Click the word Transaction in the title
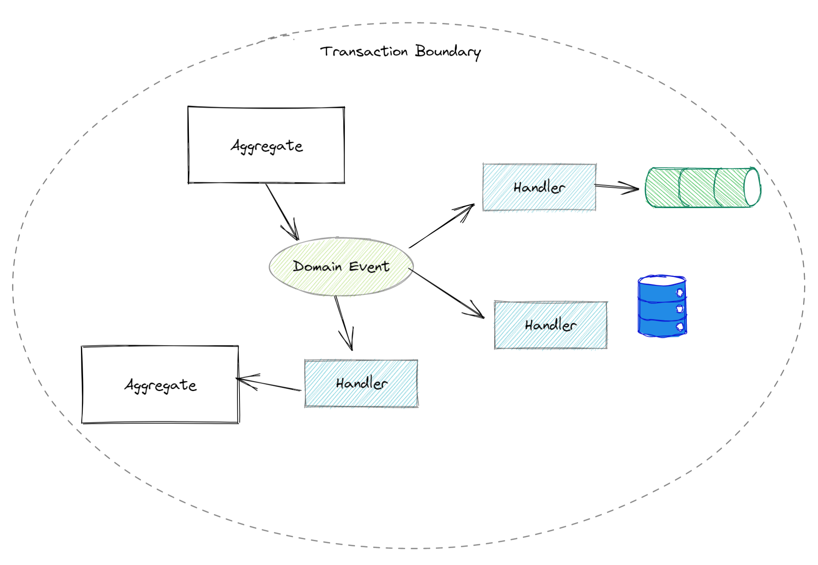click(x=363, y=51)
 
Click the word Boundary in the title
click(x=447, y=51)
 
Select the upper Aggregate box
click(x=266, y=145)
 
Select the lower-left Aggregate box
click(x=160, y=384)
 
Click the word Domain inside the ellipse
click(x=317, y=266)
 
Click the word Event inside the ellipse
click(x=369, y=266)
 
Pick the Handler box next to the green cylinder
click(x=539, y=187)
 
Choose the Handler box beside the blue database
click(x=550, y=325)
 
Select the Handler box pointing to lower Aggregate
click(x=361, y=383)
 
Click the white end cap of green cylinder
click(x=752, y=187)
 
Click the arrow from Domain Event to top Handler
click(x=441, y=227)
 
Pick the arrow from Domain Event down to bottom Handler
click(x=343, y=322)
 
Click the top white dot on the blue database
click(x=680, y=293)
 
